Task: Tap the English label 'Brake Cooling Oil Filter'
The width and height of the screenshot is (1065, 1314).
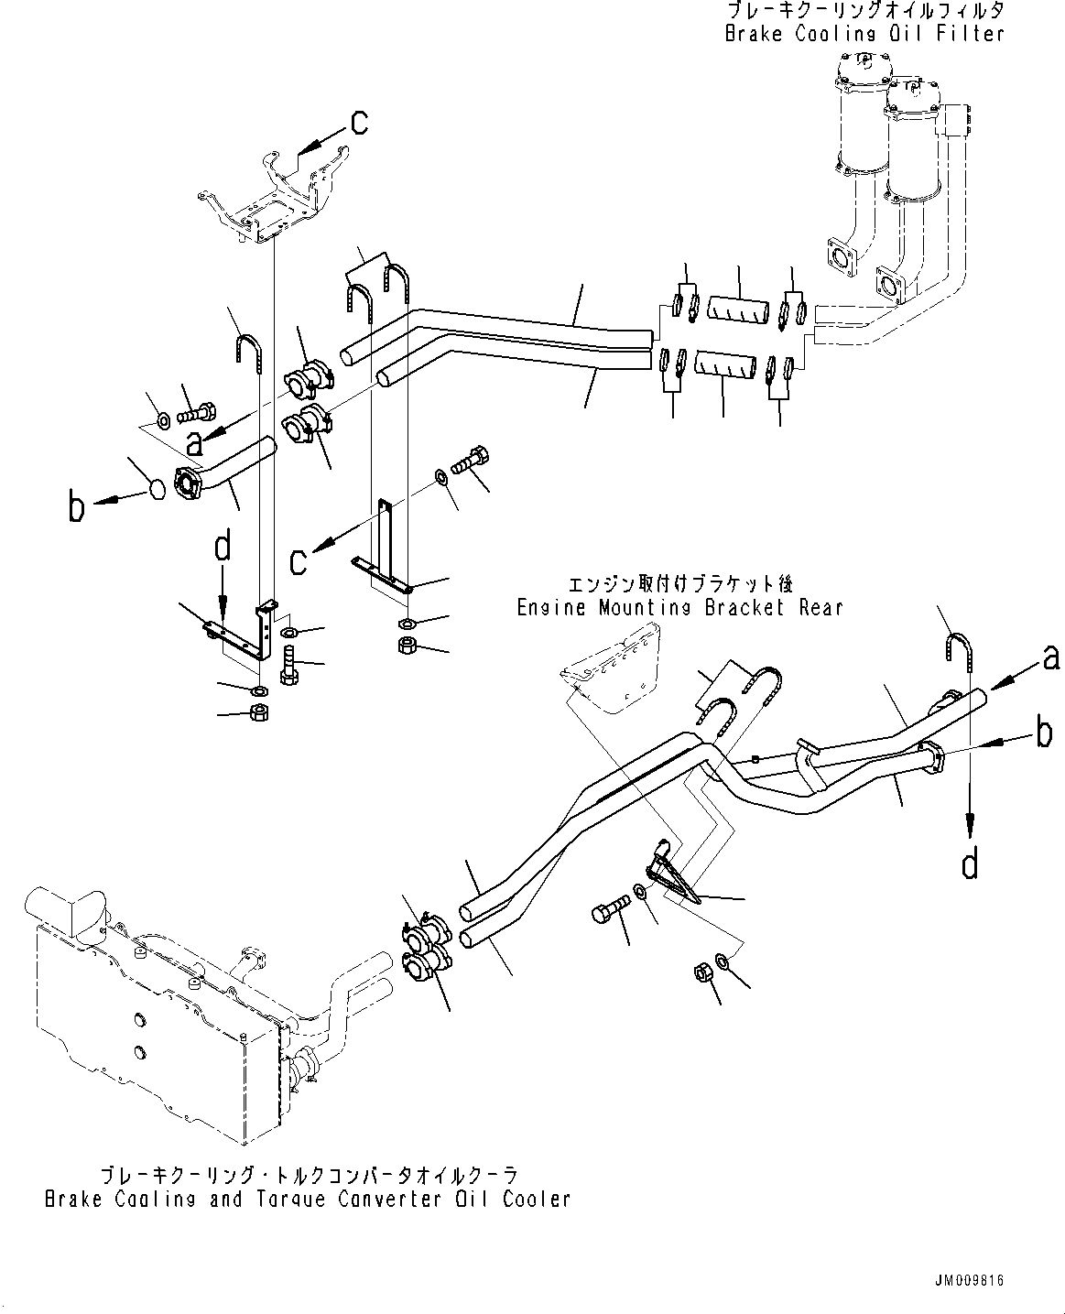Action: (x=864, y=34)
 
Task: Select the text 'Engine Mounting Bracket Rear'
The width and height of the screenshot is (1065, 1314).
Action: (x=679, y=607)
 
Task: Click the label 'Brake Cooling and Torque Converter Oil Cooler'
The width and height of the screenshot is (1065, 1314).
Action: (x=308, y=1199)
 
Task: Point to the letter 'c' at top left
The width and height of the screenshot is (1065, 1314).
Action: (x=360, y=120)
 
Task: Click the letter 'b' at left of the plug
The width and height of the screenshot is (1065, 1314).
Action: (x=77, y=506)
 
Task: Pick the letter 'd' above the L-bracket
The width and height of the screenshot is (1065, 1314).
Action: (x=223, y=548)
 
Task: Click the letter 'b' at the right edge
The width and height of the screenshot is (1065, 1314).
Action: (x=1043, y=735)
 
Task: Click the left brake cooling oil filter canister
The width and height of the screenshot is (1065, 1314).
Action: (x=862, y=114)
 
